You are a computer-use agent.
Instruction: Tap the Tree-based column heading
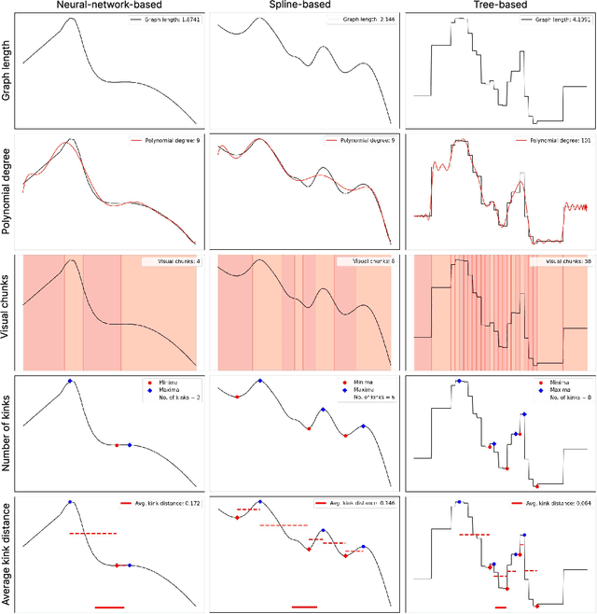[x=499, y=7]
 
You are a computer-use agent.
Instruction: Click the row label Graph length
[x=7, y=71]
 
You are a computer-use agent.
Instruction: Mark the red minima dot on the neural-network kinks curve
[x=116, y=445]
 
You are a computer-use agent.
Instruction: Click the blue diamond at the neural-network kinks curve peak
[x=70, y=381]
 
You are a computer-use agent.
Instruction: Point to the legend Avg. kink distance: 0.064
[x=551, y=505]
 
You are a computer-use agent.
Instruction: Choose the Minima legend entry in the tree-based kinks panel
[x=550, y=383]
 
